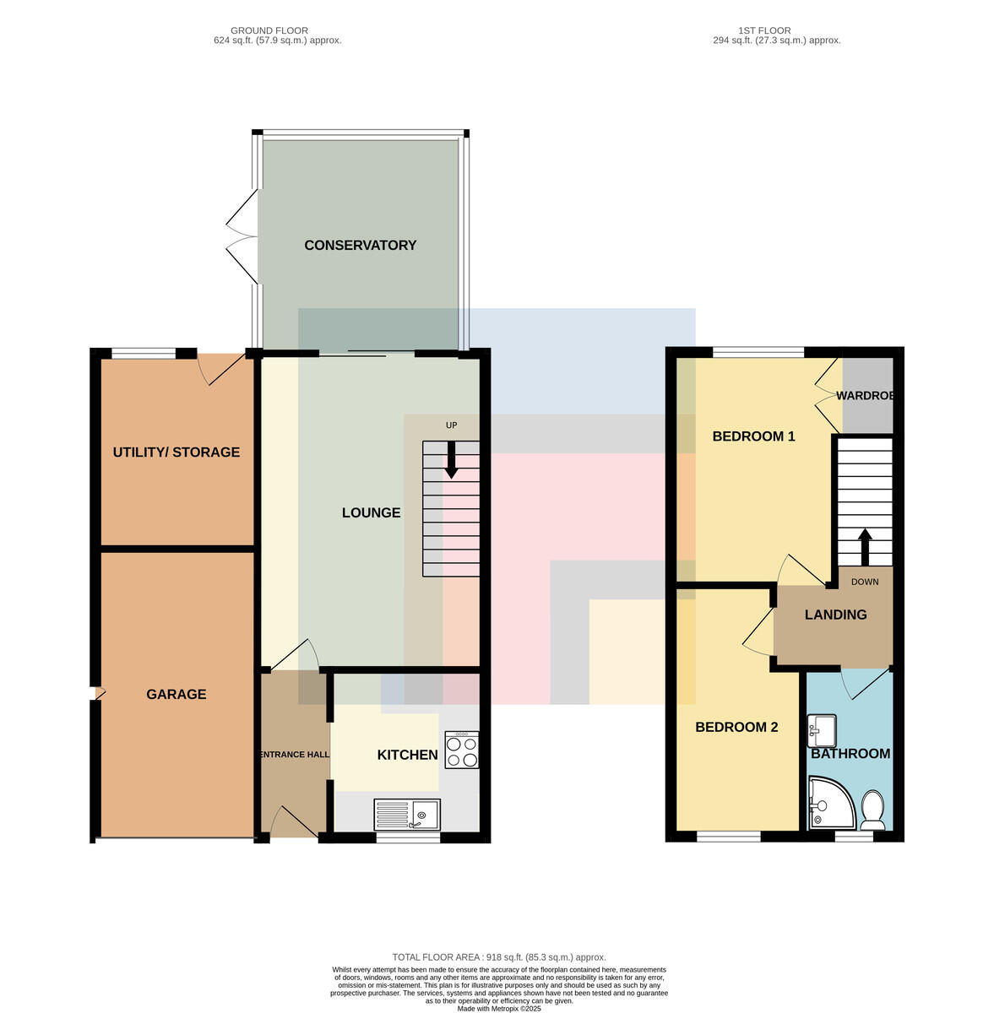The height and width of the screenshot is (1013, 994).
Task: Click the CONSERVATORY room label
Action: (x=361, y=246)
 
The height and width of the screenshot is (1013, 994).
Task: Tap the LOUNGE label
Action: (x=371, y=512)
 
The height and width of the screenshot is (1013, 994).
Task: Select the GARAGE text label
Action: (x=177, y=695)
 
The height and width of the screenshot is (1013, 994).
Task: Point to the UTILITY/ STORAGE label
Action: (x=177, y=452)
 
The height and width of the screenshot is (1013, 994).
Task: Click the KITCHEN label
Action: (x=407, y=755)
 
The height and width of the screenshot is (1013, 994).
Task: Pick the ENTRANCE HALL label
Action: (x=295, y=755)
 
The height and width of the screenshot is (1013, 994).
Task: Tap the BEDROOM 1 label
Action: (x=753, y=436)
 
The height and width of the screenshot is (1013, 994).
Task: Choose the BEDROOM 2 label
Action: (x=736, y=727)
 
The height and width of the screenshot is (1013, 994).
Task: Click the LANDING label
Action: (x=835, y=615)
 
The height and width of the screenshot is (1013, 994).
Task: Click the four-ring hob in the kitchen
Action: (x=461, y=750)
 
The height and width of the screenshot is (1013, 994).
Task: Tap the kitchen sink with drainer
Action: (x=406, y=815)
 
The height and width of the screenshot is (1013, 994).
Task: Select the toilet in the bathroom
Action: (x=873, y=810)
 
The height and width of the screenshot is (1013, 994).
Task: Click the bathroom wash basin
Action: (x=822, y=729)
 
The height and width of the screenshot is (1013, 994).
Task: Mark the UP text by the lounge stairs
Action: (x=451, y=425)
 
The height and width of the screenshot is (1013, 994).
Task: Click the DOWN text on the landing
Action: (x=865, y=582)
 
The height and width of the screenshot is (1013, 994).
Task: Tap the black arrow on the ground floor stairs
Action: (x=451, y=459)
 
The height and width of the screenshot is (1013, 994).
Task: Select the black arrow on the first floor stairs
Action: (x=865, y=547)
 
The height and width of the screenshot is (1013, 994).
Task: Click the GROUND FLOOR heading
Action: (x=269, y=30)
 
